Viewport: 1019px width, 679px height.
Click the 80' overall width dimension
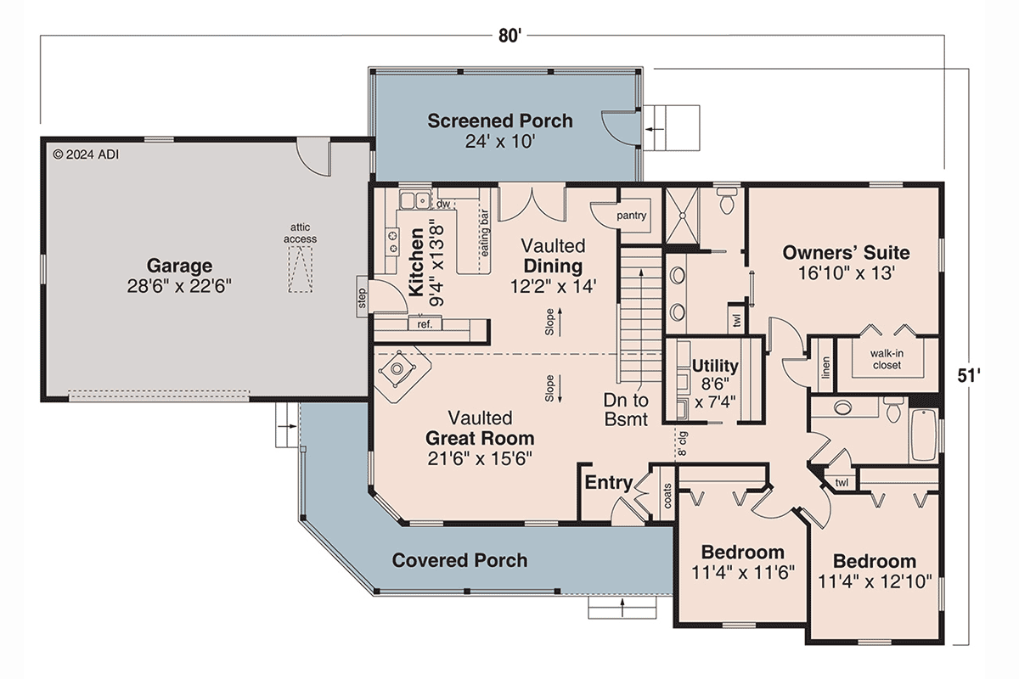point(509,36)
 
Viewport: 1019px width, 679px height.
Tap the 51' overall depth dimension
point(969,376)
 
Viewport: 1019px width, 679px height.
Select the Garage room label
point(179,265)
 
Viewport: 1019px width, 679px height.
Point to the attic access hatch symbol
point(301,269)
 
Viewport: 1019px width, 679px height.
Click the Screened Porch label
point(500,121)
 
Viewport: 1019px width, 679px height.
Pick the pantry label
point(632,216)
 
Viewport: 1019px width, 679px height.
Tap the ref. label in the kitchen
point(425,324)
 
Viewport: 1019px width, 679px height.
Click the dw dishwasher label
point(442,205)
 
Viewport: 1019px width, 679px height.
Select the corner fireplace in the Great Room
point(397,368)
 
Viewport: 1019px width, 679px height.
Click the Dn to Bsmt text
point(626,410)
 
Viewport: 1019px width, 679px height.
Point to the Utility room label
point(715,366)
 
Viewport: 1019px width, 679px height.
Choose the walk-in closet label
point(887,359)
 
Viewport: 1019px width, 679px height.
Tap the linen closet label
point(826,368)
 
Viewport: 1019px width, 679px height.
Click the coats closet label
point(667,496)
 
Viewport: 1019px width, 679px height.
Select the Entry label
point(609,483)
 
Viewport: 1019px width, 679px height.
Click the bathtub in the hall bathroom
point(924,435)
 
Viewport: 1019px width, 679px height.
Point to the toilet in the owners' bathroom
point(727,200)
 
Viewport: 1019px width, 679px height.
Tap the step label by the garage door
point(362,299)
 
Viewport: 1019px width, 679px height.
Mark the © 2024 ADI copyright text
point(86,154)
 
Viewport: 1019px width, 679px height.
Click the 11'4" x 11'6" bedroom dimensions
point(743,572)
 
